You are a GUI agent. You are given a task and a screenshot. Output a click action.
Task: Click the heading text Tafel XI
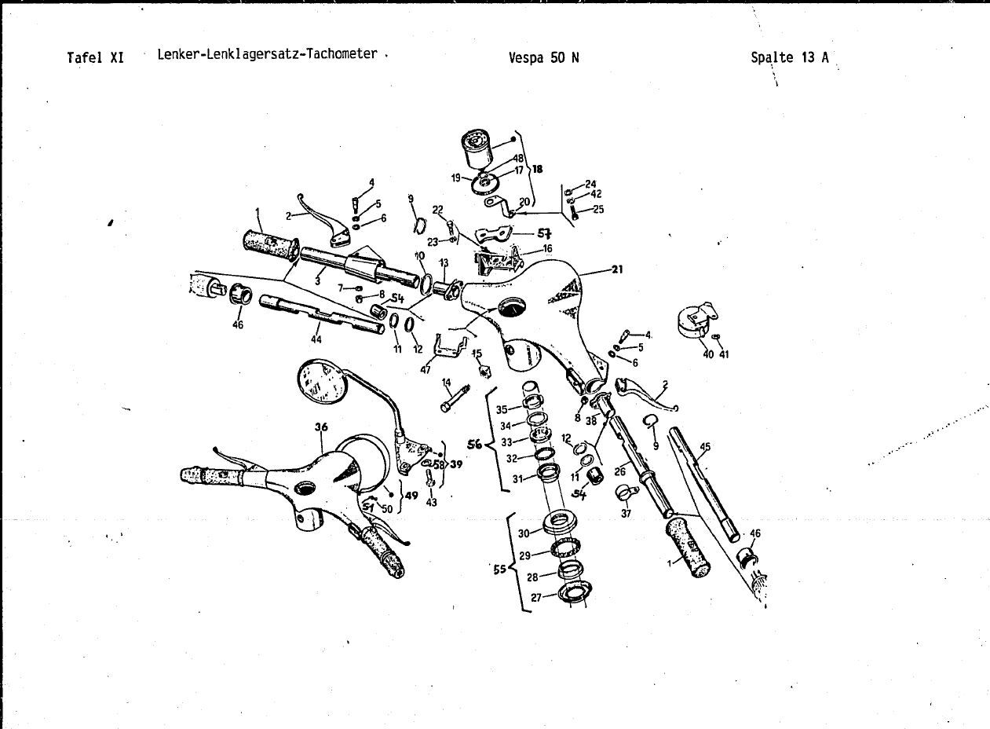96,57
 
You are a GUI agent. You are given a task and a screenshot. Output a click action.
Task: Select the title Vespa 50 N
544,57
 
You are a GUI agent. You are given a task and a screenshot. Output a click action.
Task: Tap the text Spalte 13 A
789,57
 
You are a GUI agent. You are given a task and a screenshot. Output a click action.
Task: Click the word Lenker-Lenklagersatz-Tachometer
267,55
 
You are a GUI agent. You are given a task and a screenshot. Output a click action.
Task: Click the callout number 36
320,428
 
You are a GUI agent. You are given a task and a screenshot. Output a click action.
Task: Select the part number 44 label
316,339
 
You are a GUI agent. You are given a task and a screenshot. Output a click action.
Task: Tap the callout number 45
704,448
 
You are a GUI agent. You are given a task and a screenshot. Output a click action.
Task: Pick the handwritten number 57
543,233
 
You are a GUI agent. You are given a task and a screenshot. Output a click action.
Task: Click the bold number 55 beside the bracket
499,570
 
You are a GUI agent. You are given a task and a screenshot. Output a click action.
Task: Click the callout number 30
524,533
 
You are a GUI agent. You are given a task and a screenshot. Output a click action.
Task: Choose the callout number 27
536,597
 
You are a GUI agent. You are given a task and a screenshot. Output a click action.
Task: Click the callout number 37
626,514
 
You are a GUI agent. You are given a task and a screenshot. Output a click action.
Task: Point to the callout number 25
598,210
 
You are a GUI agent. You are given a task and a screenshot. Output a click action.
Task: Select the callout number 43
431,502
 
